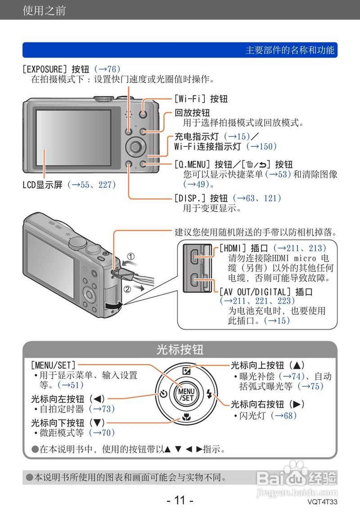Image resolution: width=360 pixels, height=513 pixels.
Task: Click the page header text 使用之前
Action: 44,10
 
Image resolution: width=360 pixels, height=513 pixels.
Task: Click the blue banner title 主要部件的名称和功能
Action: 290,50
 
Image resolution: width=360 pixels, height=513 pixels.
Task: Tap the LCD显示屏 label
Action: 43,185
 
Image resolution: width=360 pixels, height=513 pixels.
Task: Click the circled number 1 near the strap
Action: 129,258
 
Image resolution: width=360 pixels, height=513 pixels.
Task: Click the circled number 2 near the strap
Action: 128,289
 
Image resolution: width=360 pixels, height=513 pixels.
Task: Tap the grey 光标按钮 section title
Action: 180,350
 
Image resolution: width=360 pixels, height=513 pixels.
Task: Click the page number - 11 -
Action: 180,500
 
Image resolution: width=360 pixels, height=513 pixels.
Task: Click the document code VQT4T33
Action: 322,502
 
